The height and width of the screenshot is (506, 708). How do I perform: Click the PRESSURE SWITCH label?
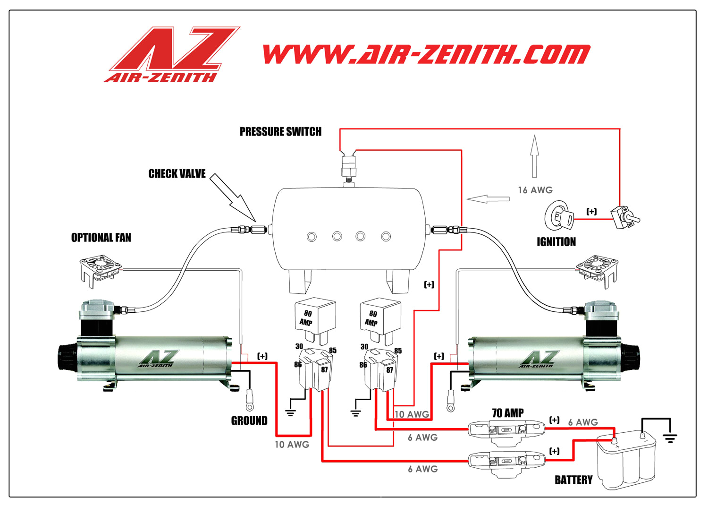(280, 132)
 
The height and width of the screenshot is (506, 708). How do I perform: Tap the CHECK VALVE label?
(177, 174)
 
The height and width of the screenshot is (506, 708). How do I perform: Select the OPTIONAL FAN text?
(101, 238)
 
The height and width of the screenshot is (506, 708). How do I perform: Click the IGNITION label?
(556, 242)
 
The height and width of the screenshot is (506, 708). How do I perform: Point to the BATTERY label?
(573, 480)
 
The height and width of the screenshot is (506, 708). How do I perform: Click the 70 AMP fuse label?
(507, 413)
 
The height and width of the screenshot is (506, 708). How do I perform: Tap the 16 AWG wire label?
(535, 190)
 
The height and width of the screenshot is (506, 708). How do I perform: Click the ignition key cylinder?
(559, 216)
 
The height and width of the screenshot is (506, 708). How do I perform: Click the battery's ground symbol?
(669, 438)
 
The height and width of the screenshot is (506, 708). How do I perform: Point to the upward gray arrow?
(534, 156)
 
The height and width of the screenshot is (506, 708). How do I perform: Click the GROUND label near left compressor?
(249, 420)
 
